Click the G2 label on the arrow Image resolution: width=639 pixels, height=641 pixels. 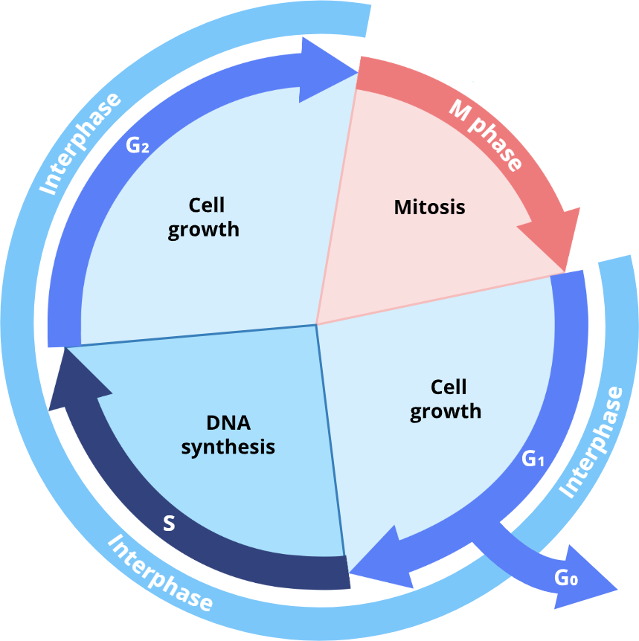point(138,145)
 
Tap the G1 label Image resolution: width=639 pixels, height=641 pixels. point(533,460)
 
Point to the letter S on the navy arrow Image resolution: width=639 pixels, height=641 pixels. point(169,524)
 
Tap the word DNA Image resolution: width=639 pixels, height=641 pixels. point(228,423)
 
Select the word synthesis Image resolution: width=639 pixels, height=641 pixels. point(228,447)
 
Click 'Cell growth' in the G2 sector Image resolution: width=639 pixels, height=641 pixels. point(204,216)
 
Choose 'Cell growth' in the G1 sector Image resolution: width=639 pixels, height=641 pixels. point(446,399)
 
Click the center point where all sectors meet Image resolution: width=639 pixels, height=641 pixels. point(317,324)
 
